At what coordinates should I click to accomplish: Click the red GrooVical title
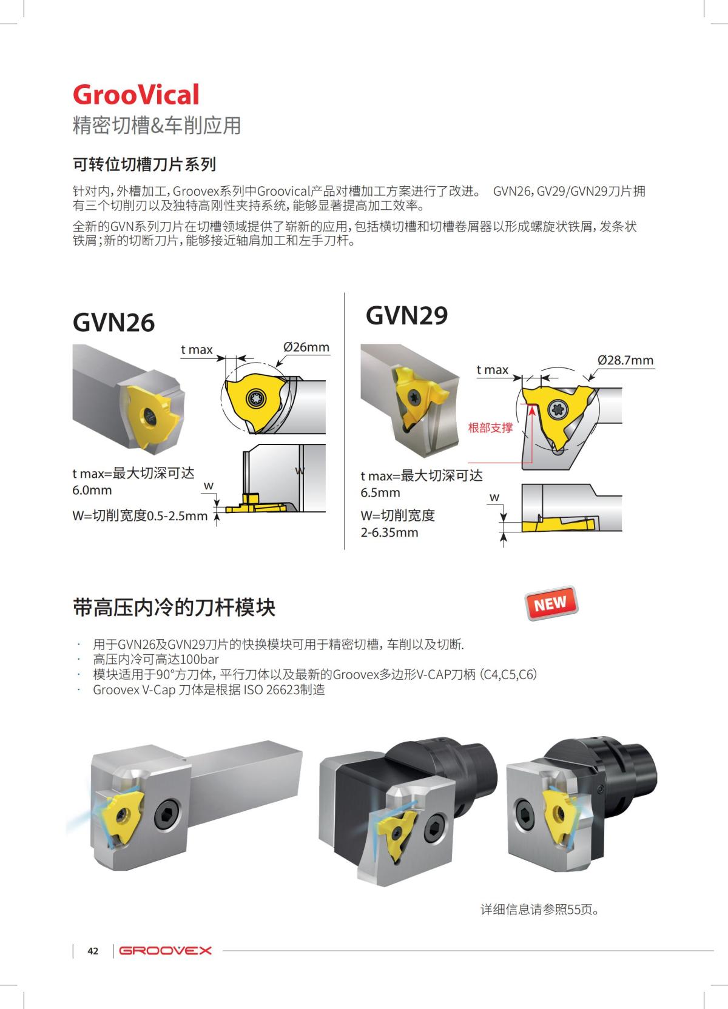click(x=136, y=95)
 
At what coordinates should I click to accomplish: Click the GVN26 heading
click(x=113, y=323)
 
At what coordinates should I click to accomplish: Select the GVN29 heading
click(x=406, y=315)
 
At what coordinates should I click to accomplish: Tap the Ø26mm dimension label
click(x=306, y=347)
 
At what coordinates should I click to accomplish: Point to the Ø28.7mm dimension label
click(x=625, y=360)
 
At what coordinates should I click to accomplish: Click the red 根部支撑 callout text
click(x=490, y=427)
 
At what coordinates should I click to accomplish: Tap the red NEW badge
click(x=550, y=603)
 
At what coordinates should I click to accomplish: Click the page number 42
click(x=93, y=951)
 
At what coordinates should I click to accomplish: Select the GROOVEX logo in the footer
click(x=166, y=951)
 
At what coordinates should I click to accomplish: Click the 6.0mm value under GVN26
click(x=92, y=490)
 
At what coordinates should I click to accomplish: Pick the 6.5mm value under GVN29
click(x=380, y=492)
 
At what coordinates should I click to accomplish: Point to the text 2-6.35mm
click(x=389, y=532)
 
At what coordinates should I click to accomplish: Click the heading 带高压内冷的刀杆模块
click(x=174, y=607)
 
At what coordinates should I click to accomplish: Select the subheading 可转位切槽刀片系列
click(x=144, y=164)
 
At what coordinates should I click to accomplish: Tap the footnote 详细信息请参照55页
click(x=539, y=910)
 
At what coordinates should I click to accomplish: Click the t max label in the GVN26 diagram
click(x=197, y=350)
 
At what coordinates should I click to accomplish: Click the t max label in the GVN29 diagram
click(x=492, y=370)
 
